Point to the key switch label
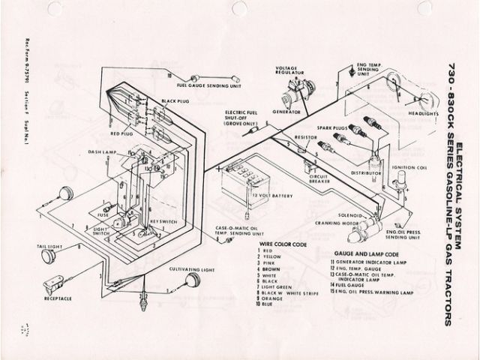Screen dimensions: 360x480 (x=165, y=223)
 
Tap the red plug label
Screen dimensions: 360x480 (x=121, y=133)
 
